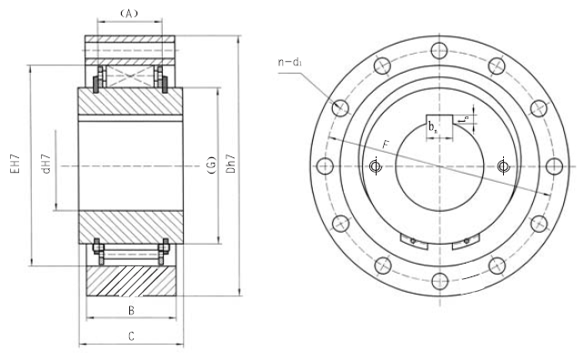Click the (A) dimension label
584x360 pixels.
point(128,13)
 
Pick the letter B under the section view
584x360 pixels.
point(131,310)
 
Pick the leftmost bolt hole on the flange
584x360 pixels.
point(323,166)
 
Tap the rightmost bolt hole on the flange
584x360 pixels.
point(553,166)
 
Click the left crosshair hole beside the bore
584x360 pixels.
point(375,166)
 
